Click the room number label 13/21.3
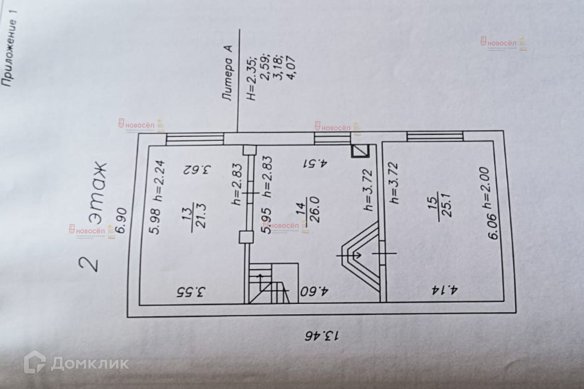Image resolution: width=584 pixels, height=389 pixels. click(x=195, y=220)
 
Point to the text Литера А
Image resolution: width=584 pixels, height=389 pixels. click(x=228, y=74)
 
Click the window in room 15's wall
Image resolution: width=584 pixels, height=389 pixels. click(x=435, y=136)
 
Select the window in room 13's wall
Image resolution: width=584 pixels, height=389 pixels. click(x=195, y=139)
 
